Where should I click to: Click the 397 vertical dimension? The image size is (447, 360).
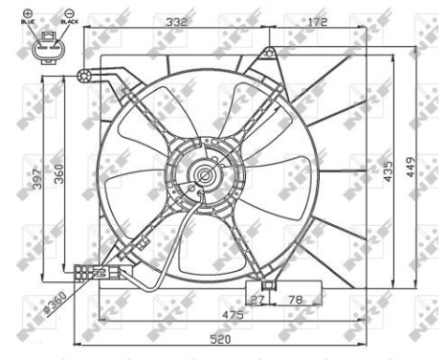click(x=38, y=179)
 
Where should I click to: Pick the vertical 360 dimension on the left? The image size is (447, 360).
click(x=58, y=173)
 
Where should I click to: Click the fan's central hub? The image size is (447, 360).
click(x=204, y=175)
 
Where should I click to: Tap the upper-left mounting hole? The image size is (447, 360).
click(x=85, y=76)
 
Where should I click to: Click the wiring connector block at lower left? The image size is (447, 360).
click(x=92, y=274)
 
